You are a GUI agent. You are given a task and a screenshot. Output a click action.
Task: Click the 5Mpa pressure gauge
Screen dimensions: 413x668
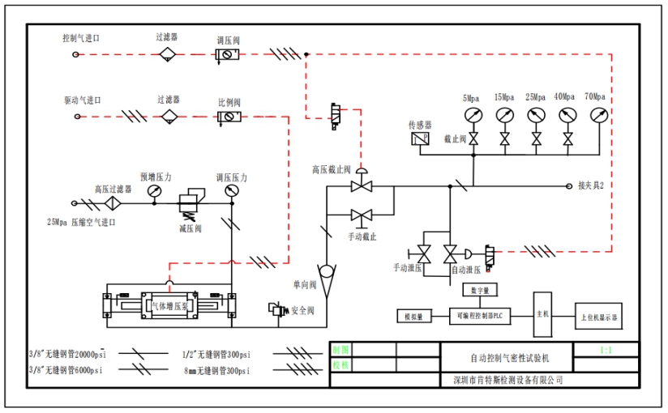pyautogui.click(x=473, y=114)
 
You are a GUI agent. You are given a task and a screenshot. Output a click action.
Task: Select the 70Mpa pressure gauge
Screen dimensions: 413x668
pyautogui.click(x=597, y=114)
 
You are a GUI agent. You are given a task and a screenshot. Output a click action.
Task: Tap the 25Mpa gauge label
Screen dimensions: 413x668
pyautogui.click(x=534, y=97)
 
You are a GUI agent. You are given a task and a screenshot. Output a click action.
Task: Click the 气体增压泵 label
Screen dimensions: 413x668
pyautogui.click(x=168, y=305)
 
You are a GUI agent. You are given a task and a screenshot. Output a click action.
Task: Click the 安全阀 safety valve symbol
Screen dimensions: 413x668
pyautogui.click(x=277, y=309)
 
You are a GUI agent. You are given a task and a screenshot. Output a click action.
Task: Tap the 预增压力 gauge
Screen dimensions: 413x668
pyautogui.click(x=154, y=191)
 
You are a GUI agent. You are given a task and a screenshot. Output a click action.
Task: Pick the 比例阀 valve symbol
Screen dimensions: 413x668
pyautogui.click(x=229, y=117)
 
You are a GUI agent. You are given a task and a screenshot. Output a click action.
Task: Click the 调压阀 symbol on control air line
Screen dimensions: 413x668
pyautogui.click(x=226, y=55)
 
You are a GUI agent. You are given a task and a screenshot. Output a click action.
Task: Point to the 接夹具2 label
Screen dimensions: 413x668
pyautogui.click(x=591, y=185)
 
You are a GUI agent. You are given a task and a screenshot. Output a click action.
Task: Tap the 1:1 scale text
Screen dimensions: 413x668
pyautogui.click(x=605, y=351)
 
